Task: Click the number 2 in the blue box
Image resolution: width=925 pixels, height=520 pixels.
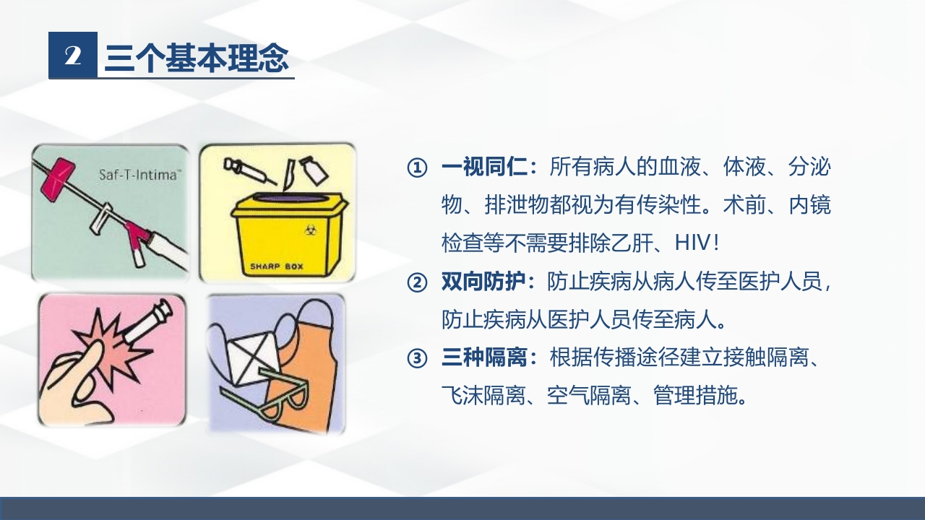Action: (x=72, y=56)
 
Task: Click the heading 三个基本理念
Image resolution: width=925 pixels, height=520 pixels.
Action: (x=197, y=57)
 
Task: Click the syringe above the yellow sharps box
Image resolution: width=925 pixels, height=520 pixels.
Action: (x=243, y=169)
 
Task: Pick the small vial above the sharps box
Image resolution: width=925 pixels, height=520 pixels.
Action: (x=314, y=170)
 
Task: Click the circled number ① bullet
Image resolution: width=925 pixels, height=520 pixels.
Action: (x=417, y=168)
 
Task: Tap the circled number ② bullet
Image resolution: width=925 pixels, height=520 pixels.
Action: (x=417, y=282)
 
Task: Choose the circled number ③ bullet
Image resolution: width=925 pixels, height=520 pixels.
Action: (x=417, y=357)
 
